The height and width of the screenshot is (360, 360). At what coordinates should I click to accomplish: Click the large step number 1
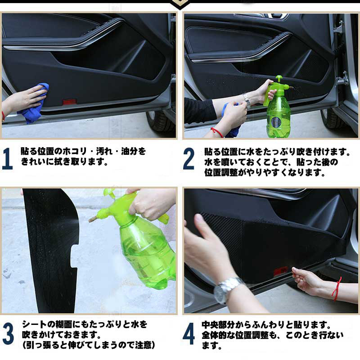pyautogui.click(x=7, y=159)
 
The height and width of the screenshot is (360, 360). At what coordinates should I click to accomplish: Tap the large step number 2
pyautogui.click(x=189, y=159)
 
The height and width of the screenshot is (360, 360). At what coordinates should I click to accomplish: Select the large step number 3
pyautogui.click(x=8, y=333)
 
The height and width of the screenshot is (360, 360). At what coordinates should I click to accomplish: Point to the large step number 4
pyautogui.click(x=189, y=333)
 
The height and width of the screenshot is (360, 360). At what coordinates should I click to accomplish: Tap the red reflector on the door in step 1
pyautogui.click(x=70, y=102)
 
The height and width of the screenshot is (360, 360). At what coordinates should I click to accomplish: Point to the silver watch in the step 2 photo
pyautogui.click(x=247, y=100)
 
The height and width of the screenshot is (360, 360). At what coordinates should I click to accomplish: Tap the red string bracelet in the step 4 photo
pyautogui.click(x=337, y=289)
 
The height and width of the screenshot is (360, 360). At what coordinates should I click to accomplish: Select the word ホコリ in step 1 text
pyautogui.click(x=75, y=152)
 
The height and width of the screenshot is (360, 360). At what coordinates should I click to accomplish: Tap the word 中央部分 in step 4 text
pyautogui.click(x=218, y=325)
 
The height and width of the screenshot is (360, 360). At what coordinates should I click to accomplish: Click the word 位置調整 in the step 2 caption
pyautogui.click(x=221, y=172)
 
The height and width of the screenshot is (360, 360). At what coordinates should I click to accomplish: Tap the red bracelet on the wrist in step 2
pyautogui.click(x=217, y=132)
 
